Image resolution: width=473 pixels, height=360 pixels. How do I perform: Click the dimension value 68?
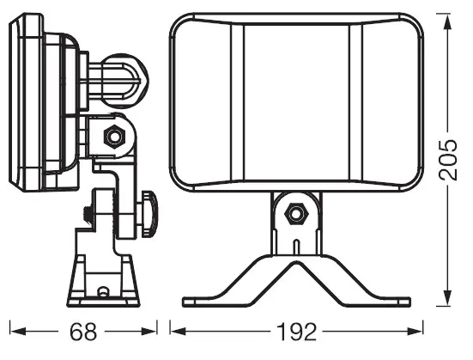click(x=83, y=332)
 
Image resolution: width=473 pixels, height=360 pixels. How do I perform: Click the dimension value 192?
click(x=296, y=332)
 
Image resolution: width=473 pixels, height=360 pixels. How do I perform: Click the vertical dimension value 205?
click(x=447, y=160)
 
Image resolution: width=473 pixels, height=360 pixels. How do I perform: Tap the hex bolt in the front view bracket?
click(x=296, y=214)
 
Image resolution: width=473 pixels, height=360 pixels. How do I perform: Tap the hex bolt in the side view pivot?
click(x=115, y=137)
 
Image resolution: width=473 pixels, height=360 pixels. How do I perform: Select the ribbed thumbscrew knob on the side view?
click(x=149, y=213)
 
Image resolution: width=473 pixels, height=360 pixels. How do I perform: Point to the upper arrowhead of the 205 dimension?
click(x=447, y=22)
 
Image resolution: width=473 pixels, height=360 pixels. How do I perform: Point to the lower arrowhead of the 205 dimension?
click(x=447, y=297)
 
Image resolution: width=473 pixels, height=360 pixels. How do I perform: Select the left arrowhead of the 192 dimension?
click(x=178, y=332)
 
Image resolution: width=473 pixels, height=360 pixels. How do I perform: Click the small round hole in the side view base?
click(x=103, y=291)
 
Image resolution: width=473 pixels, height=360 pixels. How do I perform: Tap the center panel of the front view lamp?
click(x=296, y=103)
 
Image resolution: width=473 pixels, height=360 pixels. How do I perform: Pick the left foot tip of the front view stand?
click(x=185, y=302)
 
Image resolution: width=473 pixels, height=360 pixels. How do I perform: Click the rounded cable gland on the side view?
click(x=124, y=81)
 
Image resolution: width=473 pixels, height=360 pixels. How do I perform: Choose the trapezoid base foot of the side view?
click(x=103, y=281)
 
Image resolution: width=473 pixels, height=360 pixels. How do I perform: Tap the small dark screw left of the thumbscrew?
click(x=88, y=214)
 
